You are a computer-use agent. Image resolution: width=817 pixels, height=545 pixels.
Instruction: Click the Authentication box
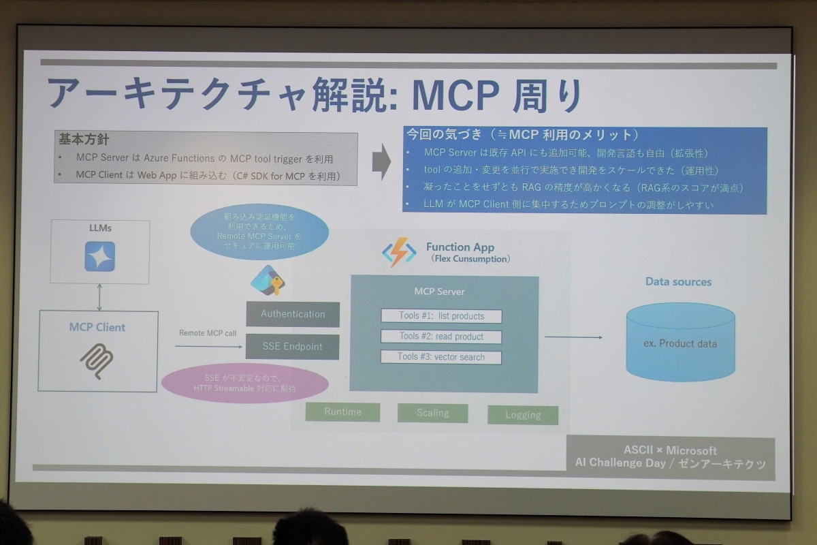click(293, 314)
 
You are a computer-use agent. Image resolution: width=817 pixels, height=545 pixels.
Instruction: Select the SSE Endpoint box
click(293, 346)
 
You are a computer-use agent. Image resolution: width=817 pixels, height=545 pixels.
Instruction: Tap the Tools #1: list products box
click(441, 316)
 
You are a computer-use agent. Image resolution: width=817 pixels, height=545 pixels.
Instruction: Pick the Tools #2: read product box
click(441, 337)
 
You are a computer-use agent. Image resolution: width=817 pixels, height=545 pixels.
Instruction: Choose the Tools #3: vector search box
click(441, 357)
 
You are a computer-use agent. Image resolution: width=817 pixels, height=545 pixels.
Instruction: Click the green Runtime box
click(342, 411)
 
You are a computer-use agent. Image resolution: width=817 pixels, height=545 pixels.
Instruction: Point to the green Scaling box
click(433, 413)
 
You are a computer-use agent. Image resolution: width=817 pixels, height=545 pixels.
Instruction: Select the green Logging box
click(523, 415)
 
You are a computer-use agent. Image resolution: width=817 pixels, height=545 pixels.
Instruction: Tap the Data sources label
click(678, 282)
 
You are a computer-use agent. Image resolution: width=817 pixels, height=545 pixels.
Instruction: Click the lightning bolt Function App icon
click(399, 252)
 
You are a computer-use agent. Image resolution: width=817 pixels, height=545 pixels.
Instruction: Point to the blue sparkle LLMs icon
click(99, 256)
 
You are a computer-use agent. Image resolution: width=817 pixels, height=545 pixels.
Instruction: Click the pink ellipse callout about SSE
click(244, 383)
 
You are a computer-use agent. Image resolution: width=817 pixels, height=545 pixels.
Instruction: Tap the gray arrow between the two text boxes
click(381, 161)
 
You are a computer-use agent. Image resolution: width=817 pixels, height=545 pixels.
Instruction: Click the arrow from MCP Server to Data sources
click(573, 337)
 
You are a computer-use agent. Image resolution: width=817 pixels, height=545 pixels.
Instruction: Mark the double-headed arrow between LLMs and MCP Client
click(99, 297)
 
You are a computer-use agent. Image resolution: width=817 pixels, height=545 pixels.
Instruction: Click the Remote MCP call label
click(208, 333)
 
